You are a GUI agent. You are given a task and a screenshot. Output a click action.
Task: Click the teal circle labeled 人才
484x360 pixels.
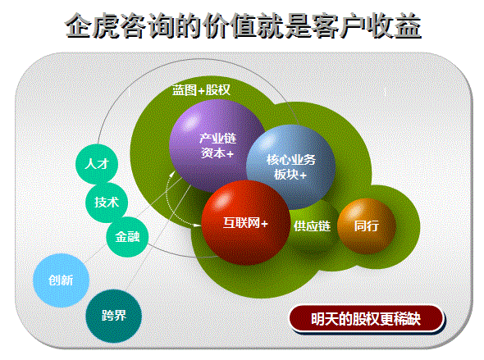point(97,165)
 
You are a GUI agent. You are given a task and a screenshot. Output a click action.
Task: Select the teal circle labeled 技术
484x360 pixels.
point(107,203)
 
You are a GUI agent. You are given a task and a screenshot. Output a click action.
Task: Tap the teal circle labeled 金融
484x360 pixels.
point(127,237)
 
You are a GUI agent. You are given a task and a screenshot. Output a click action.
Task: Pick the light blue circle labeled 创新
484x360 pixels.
point(62,280)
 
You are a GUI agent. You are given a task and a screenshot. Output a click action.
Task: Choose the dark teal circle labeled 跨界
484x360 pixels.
point(113,316)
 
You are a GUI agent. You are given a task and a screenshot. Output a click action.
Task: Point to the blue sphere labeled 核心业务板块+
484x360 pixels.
point(290,167)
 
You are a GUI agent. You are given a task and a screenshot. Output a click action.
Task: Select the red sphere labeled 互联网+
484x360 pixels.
point(246,223)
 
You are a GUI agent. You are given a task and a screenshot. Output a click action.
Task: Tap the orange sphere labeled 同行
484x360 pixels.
point(367,226)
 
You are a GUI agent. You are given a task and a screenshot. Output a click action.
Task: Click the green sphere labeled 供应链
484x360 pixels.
point(312,226)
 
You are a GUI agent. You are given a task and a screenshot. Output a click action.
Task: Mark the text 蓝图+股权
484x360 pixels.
point(201,90)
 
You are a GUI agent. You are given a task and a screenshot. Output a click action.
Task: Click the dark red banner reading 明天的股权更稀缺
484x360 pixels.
point(367,319)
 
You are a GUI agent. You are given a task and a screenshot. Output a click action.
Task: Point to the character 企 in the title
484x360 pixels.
point(78,26)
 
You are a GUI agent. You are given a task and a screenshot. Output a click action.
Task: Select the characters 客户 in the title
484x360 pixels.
point(340,26)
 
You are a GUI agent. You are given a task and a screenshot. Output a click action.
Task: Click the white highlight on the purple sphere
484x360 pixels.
point(190,121)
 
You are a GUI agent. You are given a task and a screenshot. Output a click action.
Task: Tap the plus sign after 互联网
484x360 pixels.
point(264,224)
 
